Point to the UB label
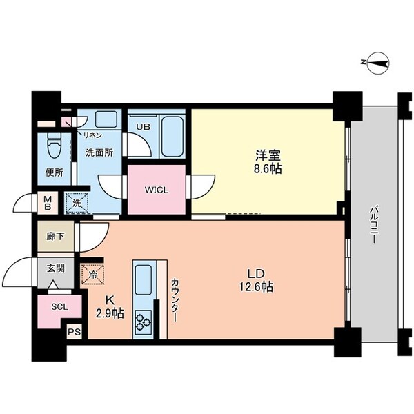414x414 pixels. pos(143,127)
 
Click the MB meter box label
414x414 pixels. pos(48,204)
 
